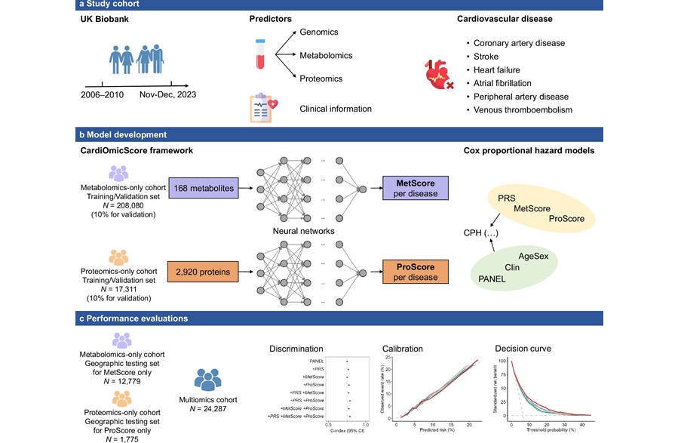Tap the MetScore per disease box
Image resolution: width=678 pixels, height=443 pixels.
coord(414,188)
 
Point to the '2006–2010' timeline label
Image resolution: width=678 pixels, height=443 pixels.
coord(103,97)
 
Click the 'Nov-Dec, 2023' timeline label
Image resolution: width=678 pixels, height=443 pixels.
coord(173,97)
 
